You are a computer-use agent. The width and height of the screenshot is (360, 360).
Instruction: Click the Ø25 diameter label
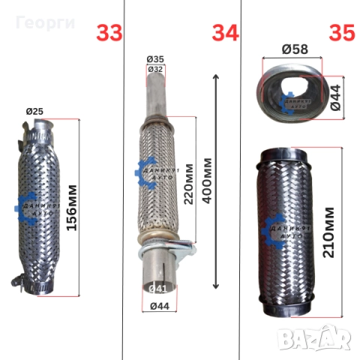coord(34,112)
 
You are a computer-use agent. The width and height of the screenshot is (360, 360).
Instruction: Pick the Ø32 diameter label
coord(155,69)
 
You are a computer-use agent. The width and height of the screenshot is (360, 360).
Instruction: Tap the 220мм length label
coord(189,184)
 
